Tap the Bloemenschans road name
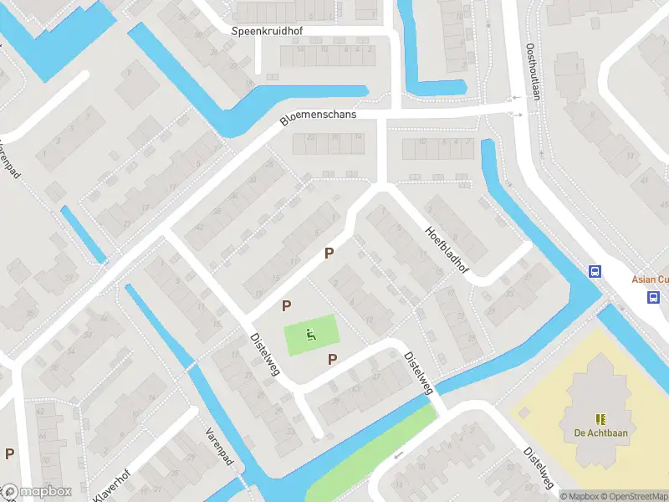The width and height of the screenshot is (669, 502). click(318, 118)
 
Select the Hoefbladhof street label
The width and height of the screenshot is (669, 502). click(447, 251)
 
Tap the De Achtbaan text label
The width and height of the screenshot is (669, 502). click(600, 433)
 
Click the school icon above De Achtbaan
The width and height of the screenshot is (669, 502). click(600, 418)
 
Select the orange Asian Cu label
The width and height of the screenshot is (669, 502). click(649, 280)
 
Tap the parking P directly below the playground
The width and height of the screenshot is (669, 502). click(333, 360)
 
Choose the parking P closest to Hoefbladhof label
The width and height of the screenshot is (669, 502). click(329, 253)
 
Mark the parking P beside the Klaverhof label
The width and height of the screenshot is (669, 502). click(10, 453)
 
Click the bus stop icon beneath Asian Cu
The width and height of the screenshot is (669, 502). click(653, 297)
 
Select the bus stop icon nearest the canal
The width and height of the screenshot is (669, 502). click(595, 271)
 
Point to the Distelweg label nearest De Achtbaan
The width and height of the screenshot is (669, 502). click(539, 468)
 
